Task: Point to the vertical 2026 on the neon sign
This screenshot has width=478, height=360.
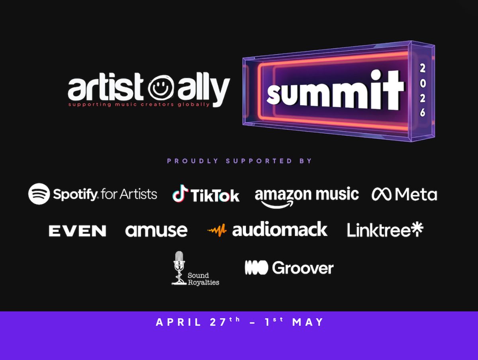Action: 423,90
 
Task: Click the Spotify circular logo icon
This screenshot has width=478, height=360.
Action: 39,194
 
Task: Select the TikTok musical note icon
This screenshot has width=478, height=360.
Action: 180,193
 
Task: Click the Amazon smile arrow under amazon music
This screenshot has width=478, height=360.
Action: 277,205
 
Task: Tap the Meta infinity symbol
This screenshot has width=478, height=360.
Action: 382,194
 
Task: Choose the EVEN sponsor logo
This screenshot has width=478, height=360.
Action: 77,231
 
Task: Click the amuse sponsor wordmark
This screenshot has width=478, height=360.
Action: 156,231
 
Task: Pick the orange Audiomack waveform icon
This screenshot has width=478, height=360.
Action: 217,230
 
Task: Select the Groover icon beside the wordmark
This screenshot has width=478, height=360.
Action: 256,268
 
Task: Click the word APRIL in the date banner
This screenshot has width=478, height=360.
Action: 178,322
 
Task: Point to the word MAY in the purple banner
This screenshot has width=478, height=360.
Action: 308,322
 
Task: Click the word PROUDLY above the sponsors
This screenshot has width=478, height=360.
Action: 192,161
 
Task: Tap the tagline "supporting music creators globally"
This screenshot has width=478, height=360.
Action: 139,104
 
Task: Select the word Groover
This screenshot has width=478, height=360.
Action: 303,268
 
